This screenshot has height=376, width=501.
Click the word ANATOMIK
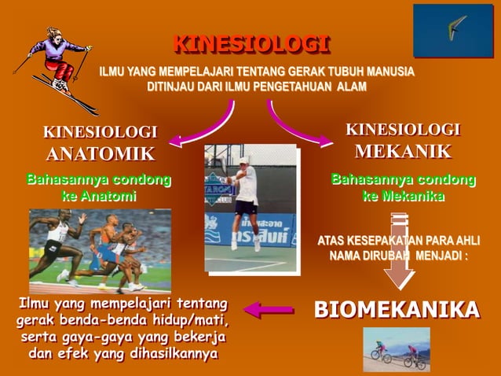coord(100,153)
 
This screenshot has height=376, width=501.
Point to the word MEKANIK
coord(403,151)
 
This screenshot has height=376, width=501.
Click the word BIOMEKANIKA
coord(397,309)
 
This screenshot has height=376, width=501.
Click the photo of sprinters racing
coord(100,250)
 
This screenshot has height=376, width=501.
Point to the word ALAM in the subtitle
coord(351,87)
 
